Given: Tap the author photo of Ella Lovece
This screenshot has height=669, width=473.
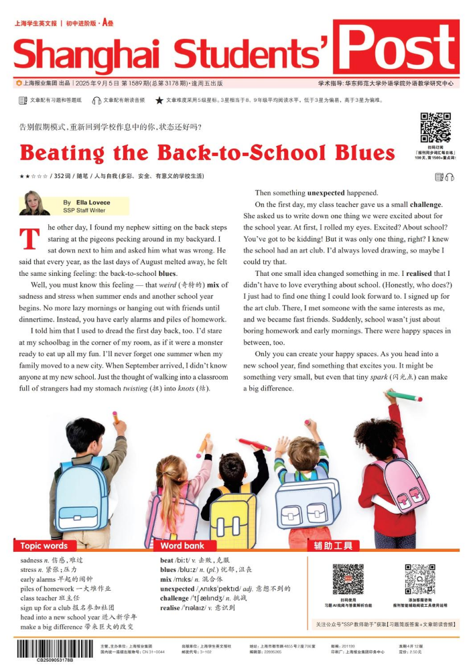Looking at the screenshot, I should click(34, 203).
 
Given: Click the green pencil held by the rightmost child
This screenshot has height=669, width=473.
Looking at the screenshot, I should click(405, 396).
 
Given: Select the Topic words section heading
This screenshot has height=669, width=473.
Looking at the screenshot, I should click(44, 545).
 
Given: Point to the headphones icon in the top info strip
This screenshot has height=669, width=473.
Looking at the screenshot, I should click(96, 100).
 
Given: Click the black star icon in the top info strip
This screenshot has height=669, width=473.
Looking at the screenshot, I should click(159, 100).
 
